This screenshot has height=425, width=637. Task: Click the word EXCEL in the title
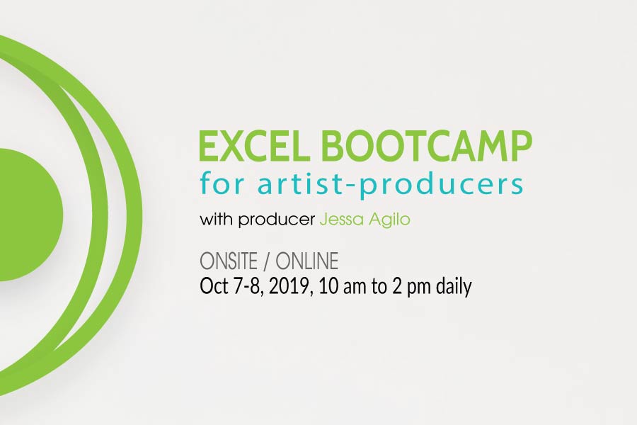click(252, 146)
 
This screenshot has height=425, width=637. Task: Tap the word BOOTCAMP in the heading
click(426, 146)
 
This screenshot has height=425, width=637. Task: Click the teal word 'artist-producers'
click(390, 186)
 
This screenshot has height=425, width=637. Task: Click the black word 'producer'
click(277, 221)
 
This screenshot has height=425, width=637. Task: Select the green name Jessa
click(341, 220)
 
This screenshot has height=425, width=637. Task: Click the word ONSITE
click(229, 261)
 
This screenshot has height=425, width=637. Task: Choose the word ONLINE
click(306, 261)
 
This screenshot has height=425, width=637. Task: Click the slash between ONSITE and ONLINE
click(267, 261)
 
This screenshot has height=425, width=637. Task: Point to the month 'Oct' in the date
click(214, 286)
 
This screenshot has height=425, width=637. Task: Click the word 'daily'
click(454, 287)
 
